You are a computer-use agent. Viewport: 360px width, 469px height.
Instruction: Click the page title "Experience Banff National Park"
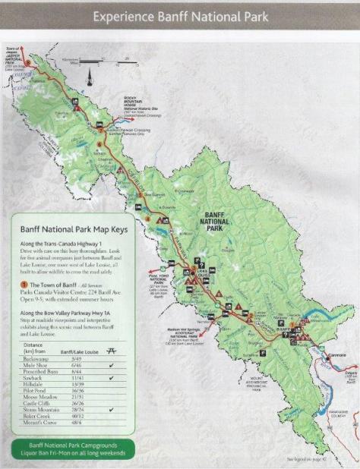coord(179,15)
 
